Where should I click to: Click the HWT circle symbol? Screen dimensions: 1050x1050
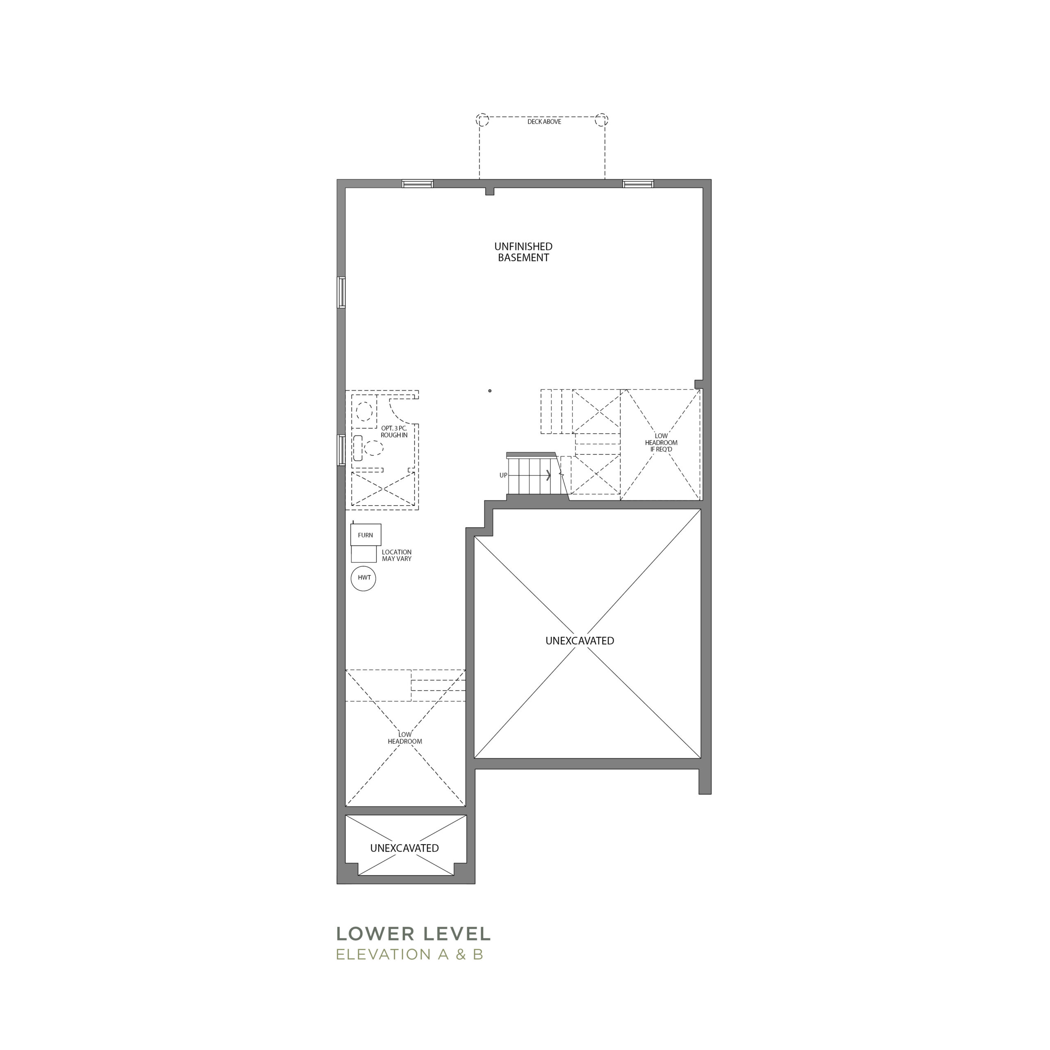[363, 578]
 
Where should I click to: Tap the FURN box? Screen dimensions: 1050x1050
[366, 535]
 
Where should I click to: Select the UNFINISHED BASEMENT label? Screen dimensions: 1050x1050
[523, 252]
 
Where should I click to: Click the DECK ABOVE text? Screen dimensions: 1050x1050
[544, 122]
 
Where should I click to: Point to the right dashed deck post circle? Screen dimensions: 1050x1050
[602, 120]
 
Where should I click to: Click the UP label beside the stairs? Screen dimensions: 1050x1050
[503, 475]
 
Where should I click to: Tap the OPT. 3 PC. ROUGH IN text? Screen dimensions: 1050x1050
[394, 432]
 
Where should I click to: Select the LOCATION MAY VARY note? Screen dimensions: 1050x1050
[397, 555]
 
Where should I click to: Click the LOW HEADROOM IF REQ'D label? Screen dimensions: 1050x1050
[662, 443]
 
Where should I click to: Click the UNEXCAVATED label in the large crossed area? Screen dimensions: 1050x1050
[580, 641]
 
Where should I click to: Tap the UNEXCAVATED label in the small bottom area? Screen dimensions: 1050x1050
[404, 848]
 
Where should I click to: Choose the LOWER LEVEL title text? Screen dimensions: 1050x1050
[413, 934]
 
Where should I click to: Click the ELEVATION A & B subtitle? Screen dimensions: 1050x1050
[410, 954]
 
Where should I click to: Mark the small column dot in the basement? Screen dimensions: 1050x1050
[490, 391]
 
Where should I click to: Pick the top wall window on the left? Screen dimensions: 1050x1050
[418, 184]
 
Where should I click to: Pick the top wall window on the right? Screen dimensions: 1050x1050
[638, 184]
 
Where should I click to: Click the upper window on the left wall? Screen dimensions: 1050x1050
[341, 292]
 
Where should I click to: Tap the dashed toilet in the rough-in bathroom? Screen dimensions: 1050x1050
[368, 448]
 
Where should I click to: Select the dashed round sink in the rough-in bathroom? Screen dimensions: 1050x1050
[365, 411]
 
